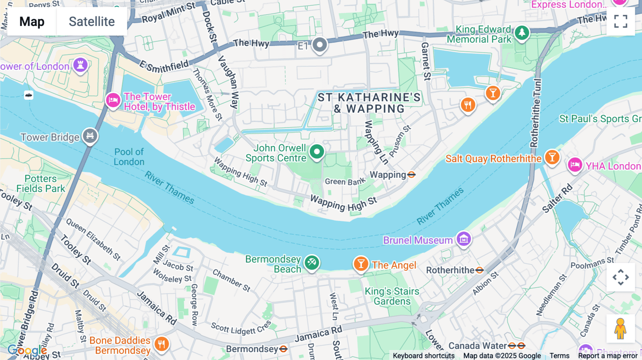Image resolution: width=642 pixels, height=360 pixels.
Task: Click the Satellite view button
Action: click(x=92, y=21)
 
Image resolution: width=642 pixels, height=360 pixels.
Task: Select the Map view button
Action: click(x=32, y=21)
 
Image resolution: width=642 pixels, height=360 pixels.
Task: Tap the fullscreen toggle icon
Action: click(x=621, y=21)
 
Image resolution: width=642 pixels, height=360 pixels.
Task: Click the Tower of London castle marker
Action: click(x=81, y=65)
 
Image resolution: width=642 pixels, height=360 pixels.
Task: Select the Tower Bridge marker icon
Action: click(x=90, y=135)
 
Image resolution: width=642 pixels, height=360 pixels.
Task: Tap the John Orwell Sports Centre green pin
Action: click(x=317, y=151)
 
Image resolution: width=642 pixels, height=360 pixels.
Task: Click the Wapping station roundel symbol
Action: click(x=411, y=175)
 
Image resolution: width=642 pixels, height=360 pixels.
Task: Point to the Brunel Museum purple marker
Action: click(x=464, y=239)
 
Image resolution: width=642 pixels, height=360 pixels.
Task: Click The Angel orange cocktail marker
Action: click(x=361, y=264)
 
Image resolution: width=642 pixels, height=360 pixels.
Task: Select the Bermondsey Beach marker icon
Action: click(x=312, y=263)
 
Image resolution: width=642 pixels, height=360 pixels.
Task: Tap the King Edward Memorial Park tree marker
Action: click(x=522, y=33)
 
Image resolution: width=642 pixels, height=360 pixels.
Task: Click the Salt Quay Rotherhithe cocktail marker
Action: click(x=552, y=157)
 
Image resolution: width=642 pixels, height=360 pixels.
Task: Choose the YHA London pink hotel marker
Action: click(x=575, y=165)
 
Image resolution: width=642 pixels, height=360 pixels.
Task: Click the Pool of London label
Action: click(x=129, y=157)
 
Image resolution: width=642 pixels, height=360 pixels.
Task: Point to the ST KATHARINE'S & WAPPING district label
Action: click(x=369, y=103)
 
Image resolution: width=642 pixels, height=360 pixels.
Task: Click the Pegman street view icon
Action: click(x=621, y=329)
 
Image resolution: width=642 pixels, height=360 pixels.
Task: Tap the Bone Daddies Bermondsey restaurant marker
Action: click(x=162, y=344)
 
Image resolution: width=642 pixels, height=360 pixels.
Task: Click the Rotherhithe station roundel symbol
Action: click(x=480, y=270)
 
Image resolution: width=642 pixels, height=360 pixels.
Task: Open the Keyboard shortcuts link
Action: click(x=423, y=356)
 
